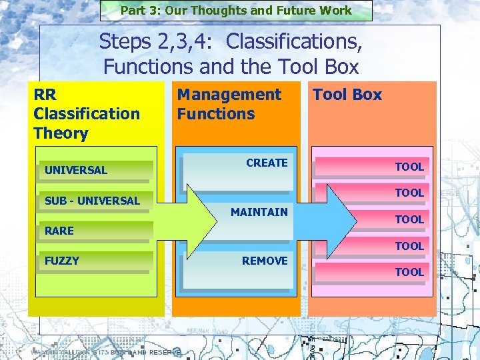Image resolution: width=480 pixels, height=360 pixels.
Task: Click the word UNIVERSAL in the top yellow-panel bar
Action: point(75,170)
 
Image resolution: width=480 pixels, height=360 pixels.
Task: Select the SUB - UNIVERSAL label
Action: point(92,201)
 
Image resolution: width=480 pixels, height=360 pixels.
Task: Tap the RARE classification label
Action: point(59,231)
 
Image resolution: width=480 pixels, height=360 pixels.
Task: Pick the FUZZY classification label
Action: point(61,261)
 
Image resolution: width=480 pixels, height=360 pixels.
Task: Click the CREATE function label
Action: point(267,163)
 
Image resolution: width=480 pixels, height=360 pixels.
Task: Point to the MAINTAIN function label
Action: point(259,212)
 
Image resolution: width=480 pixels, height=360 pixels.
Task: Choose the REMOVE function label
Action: point(265,261)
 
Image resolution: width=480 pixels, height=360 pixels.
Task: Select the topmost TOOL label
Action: point(409,167)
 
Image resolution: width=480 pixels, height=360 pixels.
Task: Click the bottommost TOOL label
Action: point(409,272)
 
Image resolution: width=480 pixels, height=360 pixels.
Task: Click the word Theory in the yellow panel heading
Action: point(61,133)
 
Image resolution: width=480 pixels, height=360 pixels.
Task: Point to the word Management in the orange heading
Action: point(229,95)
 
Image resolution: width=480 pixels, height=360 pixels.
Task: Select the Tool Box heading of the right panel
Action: point(347,95)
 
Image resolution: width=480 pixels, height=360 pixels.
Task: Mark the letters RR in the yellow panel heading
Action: point(45,95)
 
